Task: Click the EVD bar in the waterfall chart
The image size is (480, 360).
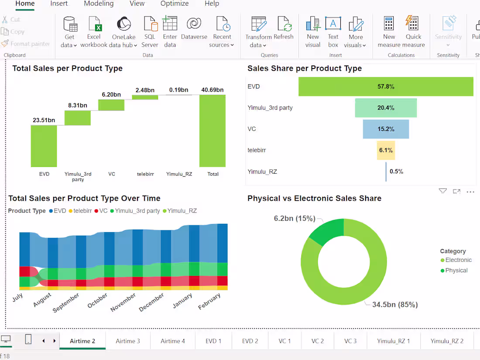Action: coord(44,146)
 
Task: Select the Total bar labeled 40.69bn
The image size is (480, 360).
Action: coord(213,130)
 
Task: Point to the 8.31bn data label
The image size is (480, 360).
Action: coord(77,105)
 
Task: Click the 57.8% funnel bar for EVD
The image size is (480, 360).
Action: coord(386,86)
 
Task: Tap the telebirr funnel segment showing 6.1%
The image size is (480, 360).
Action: coord(386,150)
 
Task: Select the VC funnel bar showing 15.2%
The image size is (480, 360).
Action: coord(386,129)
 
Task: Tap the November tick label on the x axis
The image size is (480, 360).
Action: coord(123,302)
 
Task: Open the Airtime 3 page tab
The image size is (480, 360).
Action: coord(128,341)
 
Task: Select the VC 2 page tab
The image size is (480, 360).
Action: coord(318,341)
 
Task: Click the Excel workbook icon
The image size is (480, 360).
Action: coord(94,24)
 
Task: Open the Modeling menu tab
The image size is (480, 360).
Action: coord(99,3)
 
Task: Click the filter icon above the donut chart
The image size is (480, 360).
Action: coord(442,191)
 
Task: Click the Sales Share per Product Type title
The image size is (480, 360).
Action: coord(304,69)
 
